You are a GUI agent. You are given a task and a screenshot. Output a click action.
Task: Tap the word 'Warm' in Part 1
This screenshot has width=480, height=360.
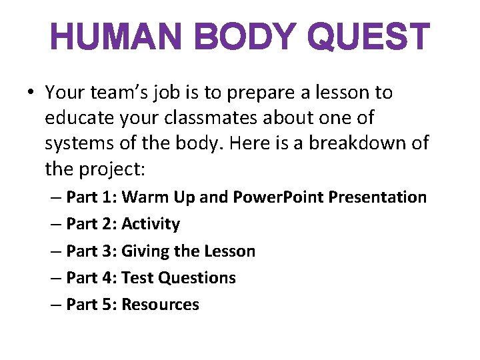click(143, 197)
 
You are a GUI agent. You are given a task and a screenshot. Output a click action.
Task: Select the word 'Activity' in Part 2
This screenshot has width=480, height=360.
click(151, 224)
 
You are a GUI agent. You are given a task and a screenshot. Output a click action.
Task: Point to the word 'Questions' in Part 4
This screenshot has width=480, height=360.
click(199, 278)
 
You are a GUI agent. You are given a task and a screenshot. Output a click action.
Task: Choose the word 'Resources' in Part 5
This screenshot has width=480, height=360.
click(160, 305)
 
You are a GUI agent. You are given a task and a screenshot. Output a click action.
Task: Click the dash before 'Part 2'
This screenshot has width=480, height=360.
click(57, 225)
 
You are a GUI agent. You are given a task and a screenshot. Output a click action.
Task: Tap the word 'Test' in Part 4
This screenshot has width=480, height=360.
click(138, 278)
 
